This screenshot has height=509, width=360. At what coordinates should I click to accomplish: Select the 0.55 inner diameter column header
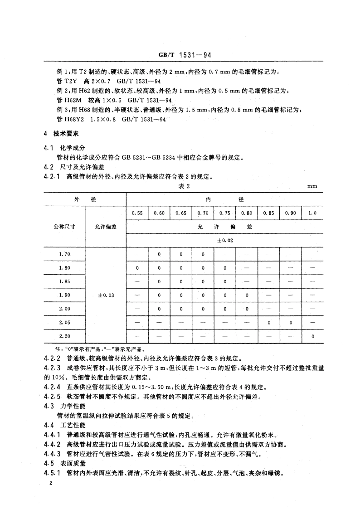[137, 213]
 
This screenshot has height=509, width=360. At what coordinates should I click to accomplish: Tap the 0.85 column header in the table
[268, 213]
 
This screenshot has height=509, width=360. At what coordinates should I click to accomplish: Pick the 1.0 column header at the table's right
[312, 213]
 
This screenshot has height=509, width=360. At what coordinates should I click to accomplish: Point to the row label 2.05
[64, 322]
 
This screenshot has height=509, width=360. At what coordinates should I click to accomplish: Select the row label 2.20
[64, 336]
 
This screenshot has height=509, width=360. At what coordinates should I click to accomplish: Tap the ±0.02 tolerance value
[224, 240]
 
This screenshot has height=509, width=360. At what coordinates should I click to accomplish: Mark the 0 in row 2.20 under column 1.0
[312, 336]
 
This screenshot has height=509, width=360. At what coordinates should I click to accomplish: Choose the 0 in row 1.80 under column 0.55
[137, 268]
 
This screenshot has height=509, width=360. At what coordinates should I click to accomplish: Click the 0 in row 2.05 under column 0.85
[268, 322]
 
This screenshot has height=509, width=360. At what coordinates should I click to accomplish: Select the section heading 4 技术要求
[62, 134]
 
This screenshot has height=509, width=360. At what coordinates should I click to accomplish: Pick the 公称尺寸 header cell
[64, 227]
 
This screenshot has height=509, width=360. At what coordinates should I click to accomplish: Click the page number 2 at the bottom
[52, 485]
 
